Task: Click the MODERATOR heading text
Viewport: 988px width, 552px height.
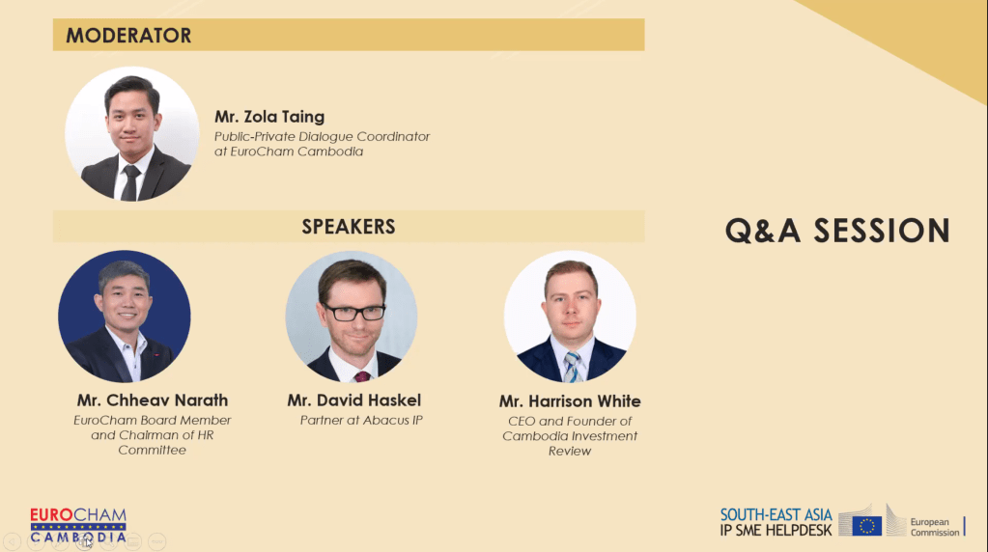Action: [x=128, y=36]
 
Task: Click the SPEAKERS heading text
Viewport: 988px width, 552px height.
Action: [x=349, y=227]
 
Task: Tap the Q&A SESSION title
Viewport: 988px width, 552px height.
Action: [x=837, y=231]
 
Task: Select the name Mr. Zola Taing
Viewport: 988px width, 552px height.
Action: [x=269, y=117]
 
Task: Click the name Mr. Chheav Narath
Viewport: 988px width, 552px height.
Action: [x=153, y=400]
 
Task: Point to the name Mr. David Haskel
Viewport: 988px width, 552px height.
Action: [x=354, y=400]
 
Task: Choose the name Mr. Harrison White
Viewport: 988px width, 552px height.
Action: [x=570, y=401]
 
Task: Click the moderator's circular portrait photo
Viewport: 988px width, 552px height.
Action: [x=131, y=134]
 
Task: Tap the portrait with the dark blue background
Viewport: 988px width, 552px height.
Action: [x=125, y=317]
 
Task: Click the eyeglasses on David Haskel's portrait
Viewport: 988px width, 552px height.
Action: [x=353, y=312]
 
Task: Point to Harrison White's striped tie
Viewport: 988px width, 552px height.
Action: [x=573, y=367]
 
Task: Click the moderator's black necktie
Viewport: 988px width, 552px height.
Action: [x=131, y=183]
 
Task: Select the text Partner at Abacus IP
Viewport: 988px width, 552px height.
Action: [x=361, y=421]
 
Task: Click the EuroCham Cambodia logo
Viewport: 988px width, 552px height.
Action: [x=78, y=526]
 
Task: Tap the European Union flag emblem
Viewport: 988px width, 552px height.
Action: [x=866, y=525]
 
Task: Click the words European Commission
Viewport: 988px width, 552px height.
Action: [x=935, y=528]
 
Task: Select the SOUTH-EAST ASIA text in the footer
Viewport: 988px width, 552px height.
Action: [x=776, y=515]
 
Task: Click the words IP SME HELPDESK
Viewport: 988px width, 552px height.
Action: [x=776, y=531]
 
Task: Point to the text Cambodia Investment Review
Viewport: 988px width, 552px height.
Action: [x=570, y=444]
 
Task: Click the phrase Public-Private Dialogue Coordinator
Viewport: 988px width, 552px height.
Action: [x=322, y=137]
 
